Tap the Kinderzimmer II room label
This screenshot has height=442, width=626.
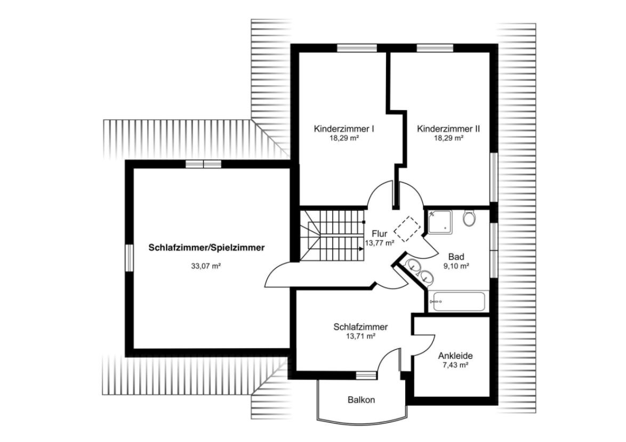[448, 129]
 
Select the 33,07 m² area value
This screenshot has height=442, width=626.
[206, 266]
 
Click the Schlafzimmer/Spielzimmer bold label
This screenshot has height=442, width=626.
[206, 248]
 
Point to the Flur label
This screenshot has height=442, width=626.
[379, 233]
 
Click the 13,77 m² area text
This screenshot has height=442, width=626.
[379, 243]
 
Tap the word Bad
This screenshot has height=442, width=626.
[455, 256]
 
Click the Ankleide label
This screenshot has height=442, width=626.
[455, 356]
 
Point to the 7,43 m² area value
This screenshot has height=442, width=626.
[456, 365]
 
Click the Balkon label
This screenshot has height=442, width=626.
[361, 399]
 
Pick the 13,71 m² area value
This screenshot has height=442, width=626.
[360, 336]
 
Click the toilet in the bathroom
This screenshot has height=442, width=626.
[469, 218]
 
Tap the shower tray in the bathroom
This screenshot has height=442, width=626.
[439, 222]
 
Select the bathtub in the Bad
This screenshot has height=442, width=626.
[459, 302]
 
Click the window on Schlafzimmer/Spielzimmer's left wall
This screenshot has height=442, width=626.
[129, 259]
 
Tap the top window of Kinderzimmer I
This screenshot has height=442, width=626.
[357, 48]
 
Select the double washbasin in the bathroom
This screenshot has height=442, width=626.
[420, 271]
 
